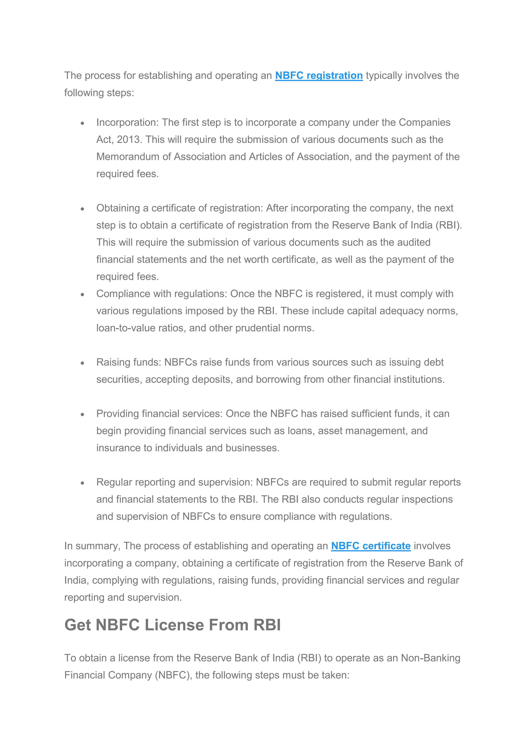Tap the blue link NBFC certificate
click(371, 546)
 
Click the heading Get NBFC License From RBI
click(172, 625)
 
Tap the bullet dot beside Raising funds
click(82, 363)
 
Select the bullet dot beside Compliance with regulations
click(82, 294)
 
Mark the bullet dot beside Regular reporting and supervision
click(82, 483)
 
